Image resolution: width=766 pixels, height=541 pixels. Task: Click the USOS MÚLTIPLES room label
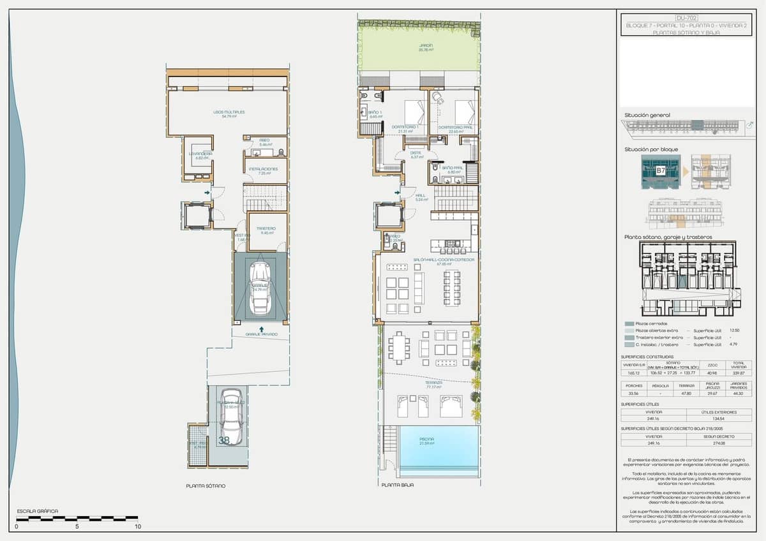click(229, 112)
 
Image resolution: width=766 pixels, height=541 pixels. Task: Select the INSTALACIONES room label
click(264, 169)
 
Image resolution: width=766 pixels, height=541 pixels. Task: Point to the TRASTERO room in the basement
click(266, 228)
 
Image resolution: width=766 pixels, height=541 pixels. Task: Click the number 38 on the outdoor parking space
click(224, 440)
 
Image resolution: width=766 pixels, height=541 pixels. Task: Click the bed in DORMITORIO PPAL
click(464, 113)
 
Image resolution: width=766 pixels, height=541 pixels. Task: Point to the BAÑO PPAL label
click(454, 168)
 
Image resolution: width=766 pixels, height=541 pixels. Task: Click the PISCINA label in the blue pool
click(426, 440)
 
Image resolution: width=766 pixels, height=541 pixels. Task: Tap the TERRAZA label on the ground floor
click(433, 383)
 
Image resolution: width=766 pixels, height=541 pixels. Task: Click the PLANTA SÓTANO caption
click(206, 486)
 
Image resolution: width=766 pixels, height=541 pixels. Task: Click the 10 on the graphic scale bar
click(137, 527)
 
